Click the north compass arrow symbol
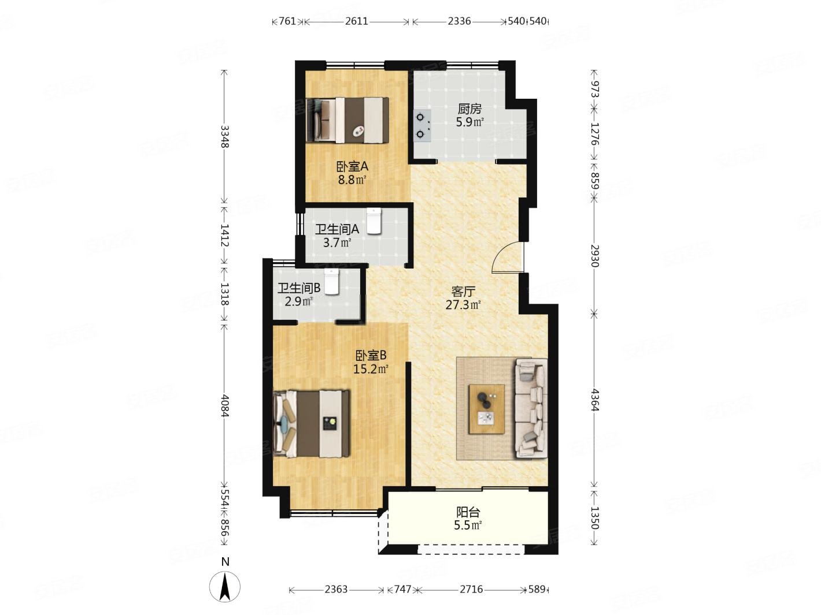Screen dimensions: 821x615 [x=224, y=587]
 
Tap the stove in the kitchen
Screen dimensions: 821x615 [x=422, y=125]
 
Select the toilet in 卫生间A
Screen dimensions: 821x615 [x=373, y=221]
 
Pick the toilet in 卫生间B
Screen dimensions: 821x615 [x=331, y=282]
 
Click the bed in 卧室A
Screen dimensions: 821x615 [x=347, y=120]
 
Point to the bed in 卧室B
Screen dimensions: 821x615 [x=312, y=423]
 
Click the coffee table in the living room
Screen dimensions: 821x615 [x=486, y=409]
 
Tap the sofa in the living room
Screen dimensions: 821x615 [x=531, y=408]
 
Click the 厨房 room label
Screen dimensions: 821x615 [x=469, y=109]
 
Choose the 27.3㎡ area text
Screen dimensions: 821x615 [x=463, y=305]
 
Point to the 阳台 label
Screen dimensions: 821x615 [x=468, y=512]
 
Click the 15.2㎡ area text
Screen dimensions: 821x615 [x=371, y=370]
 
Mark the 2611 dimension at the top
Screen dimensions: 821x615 [x=357, y=21]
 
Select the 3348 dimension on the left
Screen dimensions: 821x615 [x=224, y=137]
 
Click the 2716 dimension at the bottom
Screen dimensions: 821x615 [x=471, y=589]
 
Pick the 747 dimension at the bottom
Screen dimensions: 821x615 [x=402, y=589]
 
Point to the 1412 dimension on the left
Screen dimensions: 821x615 [x=224, y=235]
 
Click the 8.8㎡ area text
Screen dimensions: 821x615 [x=352, y=180]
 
